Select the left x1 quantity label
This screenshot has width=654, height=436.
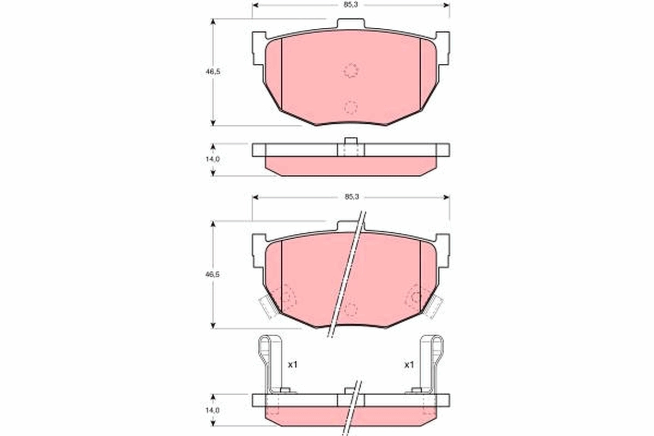(292, 364)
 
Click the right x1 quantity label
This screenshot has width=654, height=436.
(409, 364)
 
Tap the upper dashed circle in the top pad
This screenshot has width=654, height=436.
(351, 70)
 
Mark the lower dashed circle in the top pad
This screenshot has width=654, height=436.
(350, 107)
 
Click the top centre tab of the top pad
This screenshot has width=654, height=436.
(350, 25)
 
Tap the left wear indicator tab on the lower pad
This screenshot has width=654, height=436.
(268, 306)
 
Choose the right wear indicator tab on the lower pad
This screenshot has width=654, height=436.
(434, 306)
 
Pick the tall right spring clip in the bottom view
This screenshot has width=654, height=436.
(436, 362)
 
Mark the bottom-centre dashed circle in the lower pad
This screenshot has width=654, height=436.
(350, 310)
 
